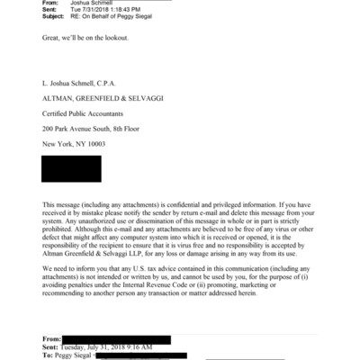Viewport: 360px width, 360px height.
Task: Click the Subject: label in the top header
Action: click(56, 19)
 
